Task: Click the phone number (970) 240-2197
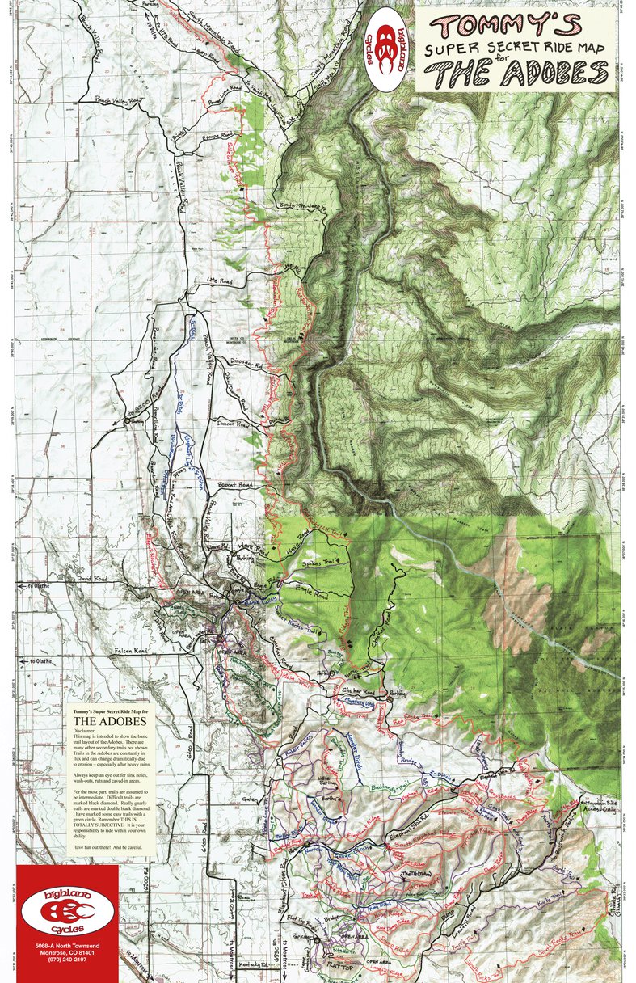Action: (x=67, y=972)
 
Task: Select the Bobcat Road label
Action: (x=235, y=485)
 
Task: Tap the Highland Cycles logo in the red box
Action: (x=67, y=905)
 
